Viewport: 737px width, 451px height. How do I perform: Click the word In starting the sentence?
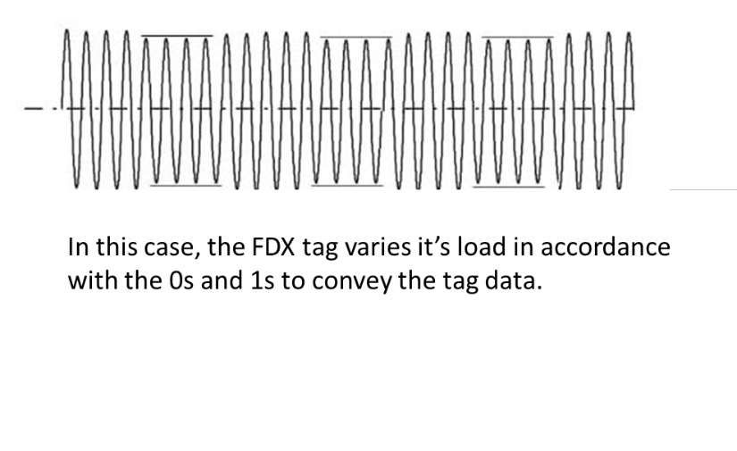pyautogui.click(x=77, y=249)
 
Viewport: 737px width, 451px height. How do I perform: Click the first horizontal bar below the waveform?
pyautogui.click(x=186, y=187)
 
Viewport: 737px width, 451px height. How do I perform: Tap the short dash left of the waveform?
pyautogui.click(x=31, y=109)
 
